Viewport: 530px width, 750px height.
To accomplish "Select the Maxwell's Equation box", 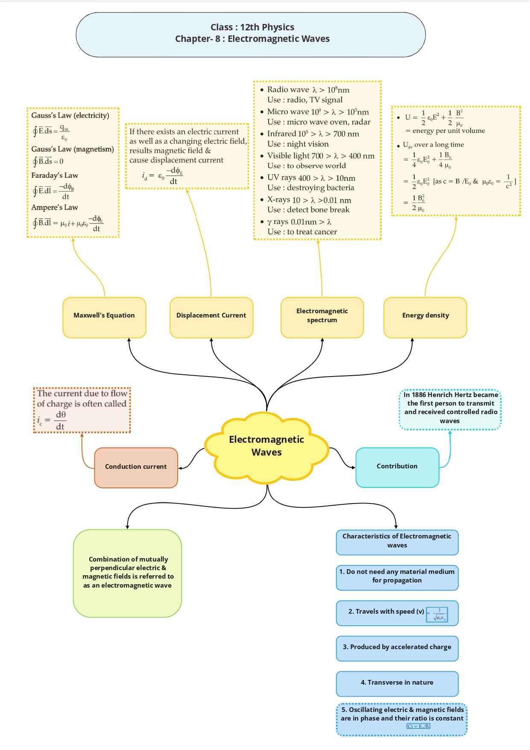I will (x=104, y=315).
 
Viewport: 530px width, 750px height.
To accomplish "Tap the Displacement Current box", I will (x=211, y=315).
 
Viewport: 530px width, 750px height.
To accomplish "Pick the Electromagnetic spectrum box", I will (x=322, y=315).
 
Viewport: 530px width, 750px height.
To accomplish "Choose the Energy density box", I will (x=425, y=315).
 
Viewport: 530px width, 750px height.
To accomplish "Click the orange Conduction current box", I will (x=136, y=467).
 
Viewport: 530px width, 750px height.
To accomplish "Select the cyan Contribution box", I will (x=397, y=466).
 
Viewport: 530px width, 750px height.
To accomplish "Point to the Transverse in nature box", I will (x=397, y=682).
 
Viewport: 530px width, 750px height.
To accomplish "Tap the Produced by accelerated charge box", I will (x=397, y=647).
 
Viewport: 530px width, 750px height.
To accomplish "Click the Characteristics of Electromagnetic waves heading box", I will (x=397, y=541).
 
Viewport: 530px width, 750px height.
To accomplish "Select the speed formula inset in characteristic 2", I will (x=437, y=614).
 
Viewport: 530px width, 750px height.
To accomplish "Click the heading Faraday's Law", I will (x=55, y=175).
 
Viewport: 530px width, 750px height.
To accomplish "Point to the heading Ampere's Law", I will (x=55, y=207).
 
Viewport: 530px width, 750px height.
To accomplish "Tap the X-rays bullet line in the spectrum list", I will (x=309, y=200).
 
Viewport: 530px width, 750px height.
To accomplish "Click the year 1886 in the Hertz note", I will (x=419, y=395).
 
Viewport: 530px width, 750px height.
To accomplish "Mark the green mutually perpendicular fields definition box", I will (x=128, y=573).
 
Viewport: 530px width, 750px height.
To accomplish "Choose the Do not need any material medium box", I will (x=397, y=576).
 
